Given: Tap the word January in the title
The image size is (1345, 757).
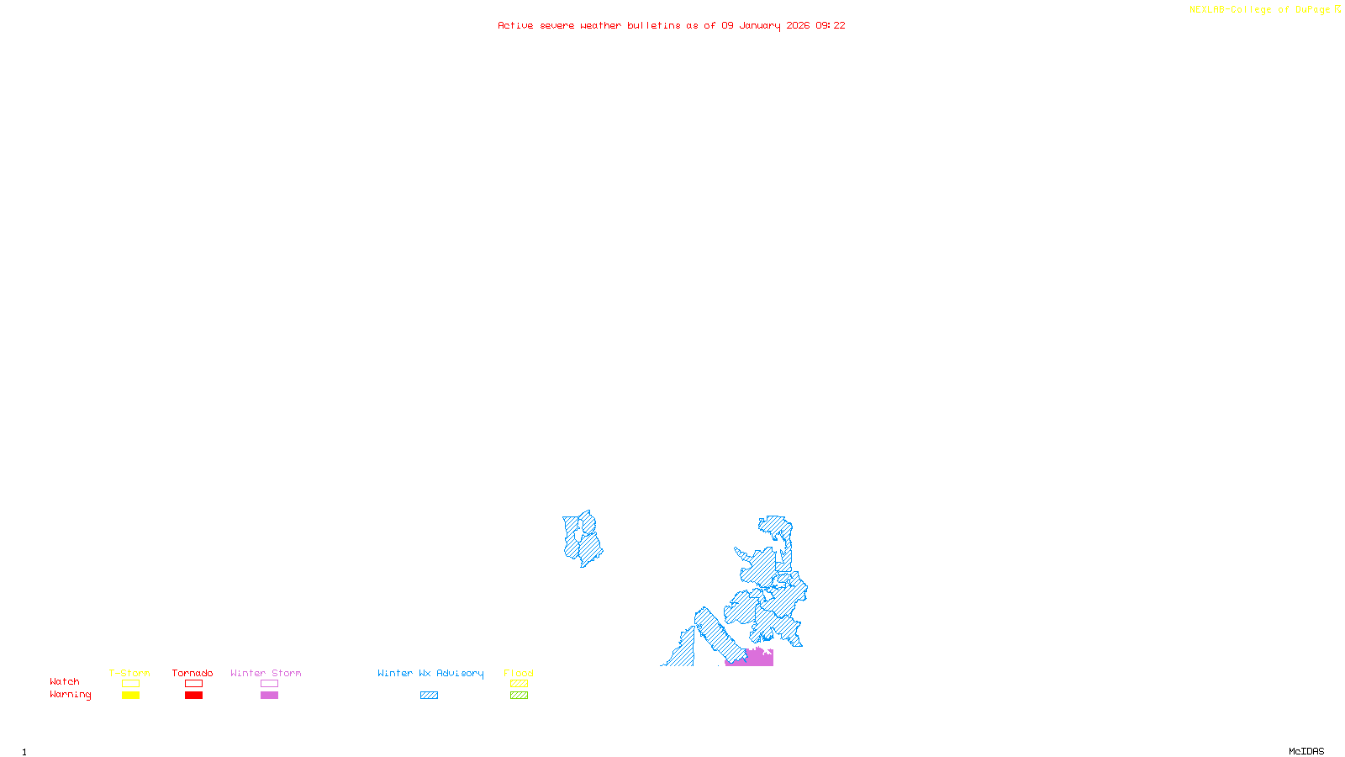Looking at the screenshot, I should pos(760,25).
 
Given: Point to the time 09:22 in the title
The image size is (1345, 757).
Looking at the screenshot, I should pos(831,25).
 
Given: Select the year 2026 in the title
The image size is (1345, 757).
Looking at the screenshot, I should pos(798,25).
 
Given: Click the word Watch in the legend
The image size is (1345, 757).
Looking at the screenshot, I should pos(65,681).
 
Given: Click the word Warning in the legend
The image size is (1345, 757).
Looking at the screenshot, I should pos(70,695).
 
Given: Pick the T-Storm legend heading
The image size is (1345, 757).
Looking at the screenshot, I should pos(129,673).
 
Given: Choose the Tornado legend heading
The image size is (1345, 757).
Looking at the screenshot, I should pos(193,673).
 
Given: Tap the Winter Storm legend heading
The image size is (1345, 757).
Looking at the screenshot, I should pos(266,673).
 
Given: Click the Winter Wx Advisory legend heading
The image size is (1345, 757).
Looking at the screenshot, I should pos(430,673).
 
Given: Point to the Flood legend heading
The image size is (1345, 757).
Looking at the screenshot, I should pos(519,673).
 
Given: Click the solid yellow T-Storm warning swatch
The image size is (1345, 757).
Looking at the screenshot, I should pos(130,696).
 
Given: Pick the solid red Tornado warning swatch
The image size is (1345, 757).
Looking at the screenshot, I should pos(193,696).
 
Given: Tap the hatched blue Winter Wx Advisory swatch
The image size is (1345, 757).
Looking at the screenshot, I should pos(429,696).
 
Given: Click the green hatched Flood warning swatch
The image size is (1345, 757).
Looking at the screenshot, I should pos(519,696).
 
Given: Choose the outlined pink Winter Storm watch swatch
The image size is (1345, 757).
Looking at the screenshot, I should pos(269,684).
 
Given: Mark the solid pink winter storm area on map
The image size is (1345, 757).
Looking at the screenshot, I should pos(758,659).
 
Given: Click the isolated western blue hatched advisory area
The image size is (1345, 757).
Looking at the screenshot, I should pos(582,539).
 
